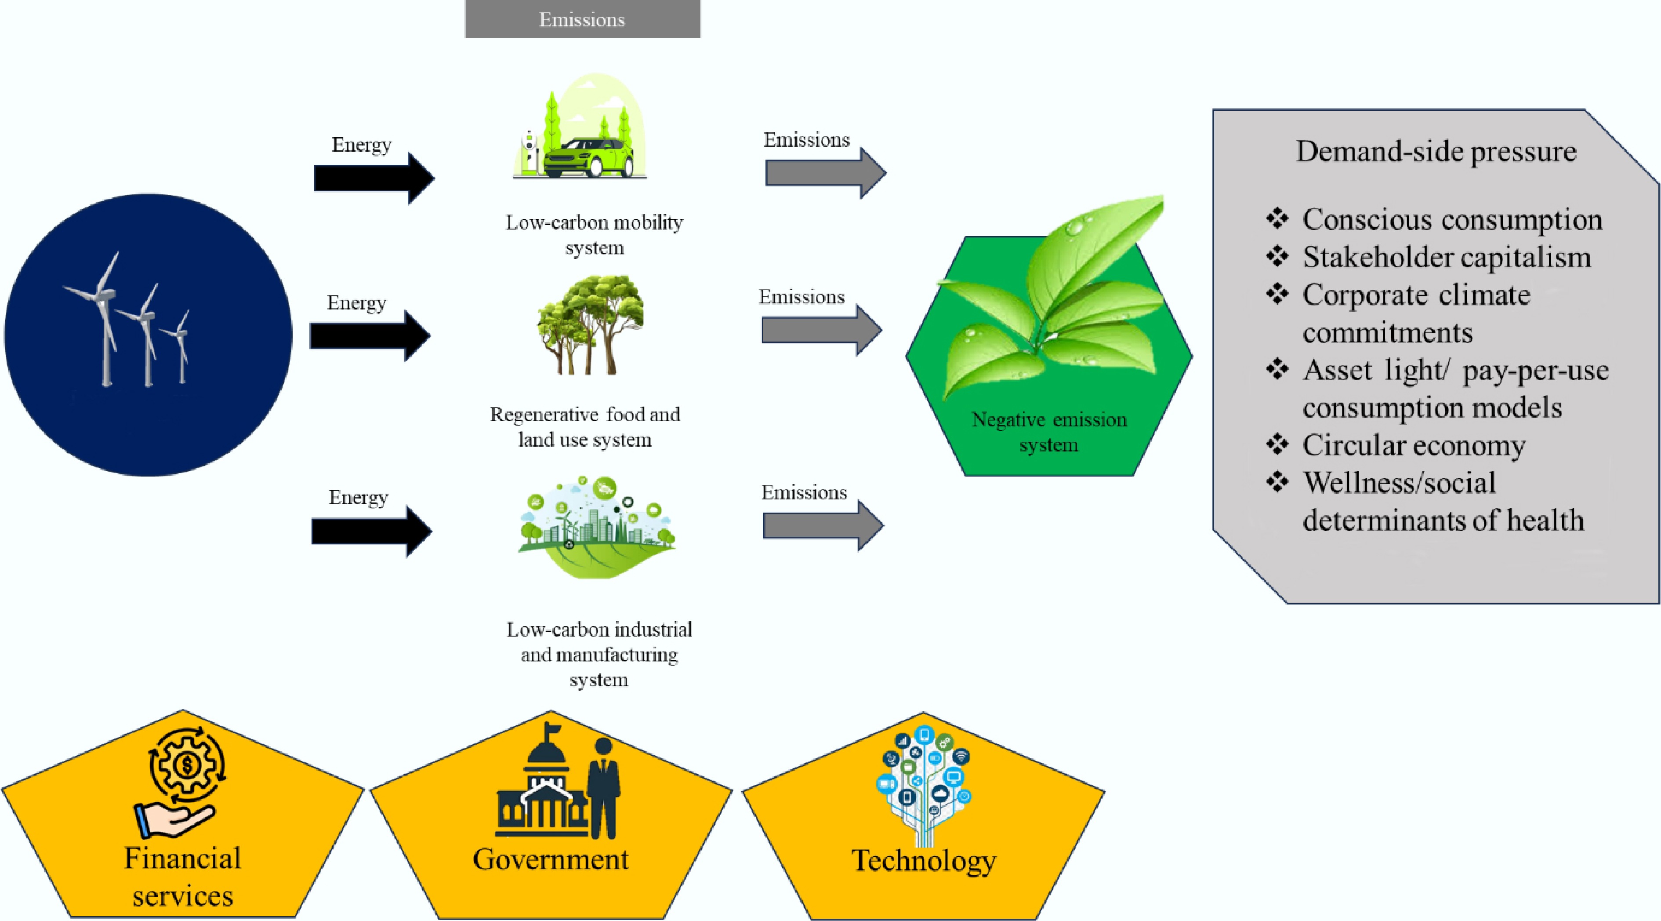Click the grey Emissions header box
coord(582,19)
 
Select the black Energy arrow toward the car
coord(374,178)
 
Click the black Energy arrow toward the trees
coord(370,335)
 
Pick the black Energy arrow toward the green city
coord(371,531)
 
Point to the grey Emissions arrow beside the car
coord(825,173)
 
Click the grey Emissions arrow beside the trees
coord(821,330)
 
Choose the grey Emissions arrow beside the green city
coord(823,526)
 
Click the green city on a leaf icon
coord(596,529)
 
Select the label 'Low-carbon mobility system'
coord(594,235)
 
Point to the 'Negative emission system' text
coord(1049,431)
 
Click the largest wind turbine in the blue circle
coord(103,316)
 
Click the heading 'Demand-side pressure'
coord(1436,152)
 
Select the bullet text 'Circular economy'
coord(1414,445)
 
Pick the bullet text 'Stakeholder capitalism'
coord(1446,257)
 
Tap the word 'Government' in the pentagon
coord(550,859)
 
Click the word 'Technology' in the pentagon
coord(924,860)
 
